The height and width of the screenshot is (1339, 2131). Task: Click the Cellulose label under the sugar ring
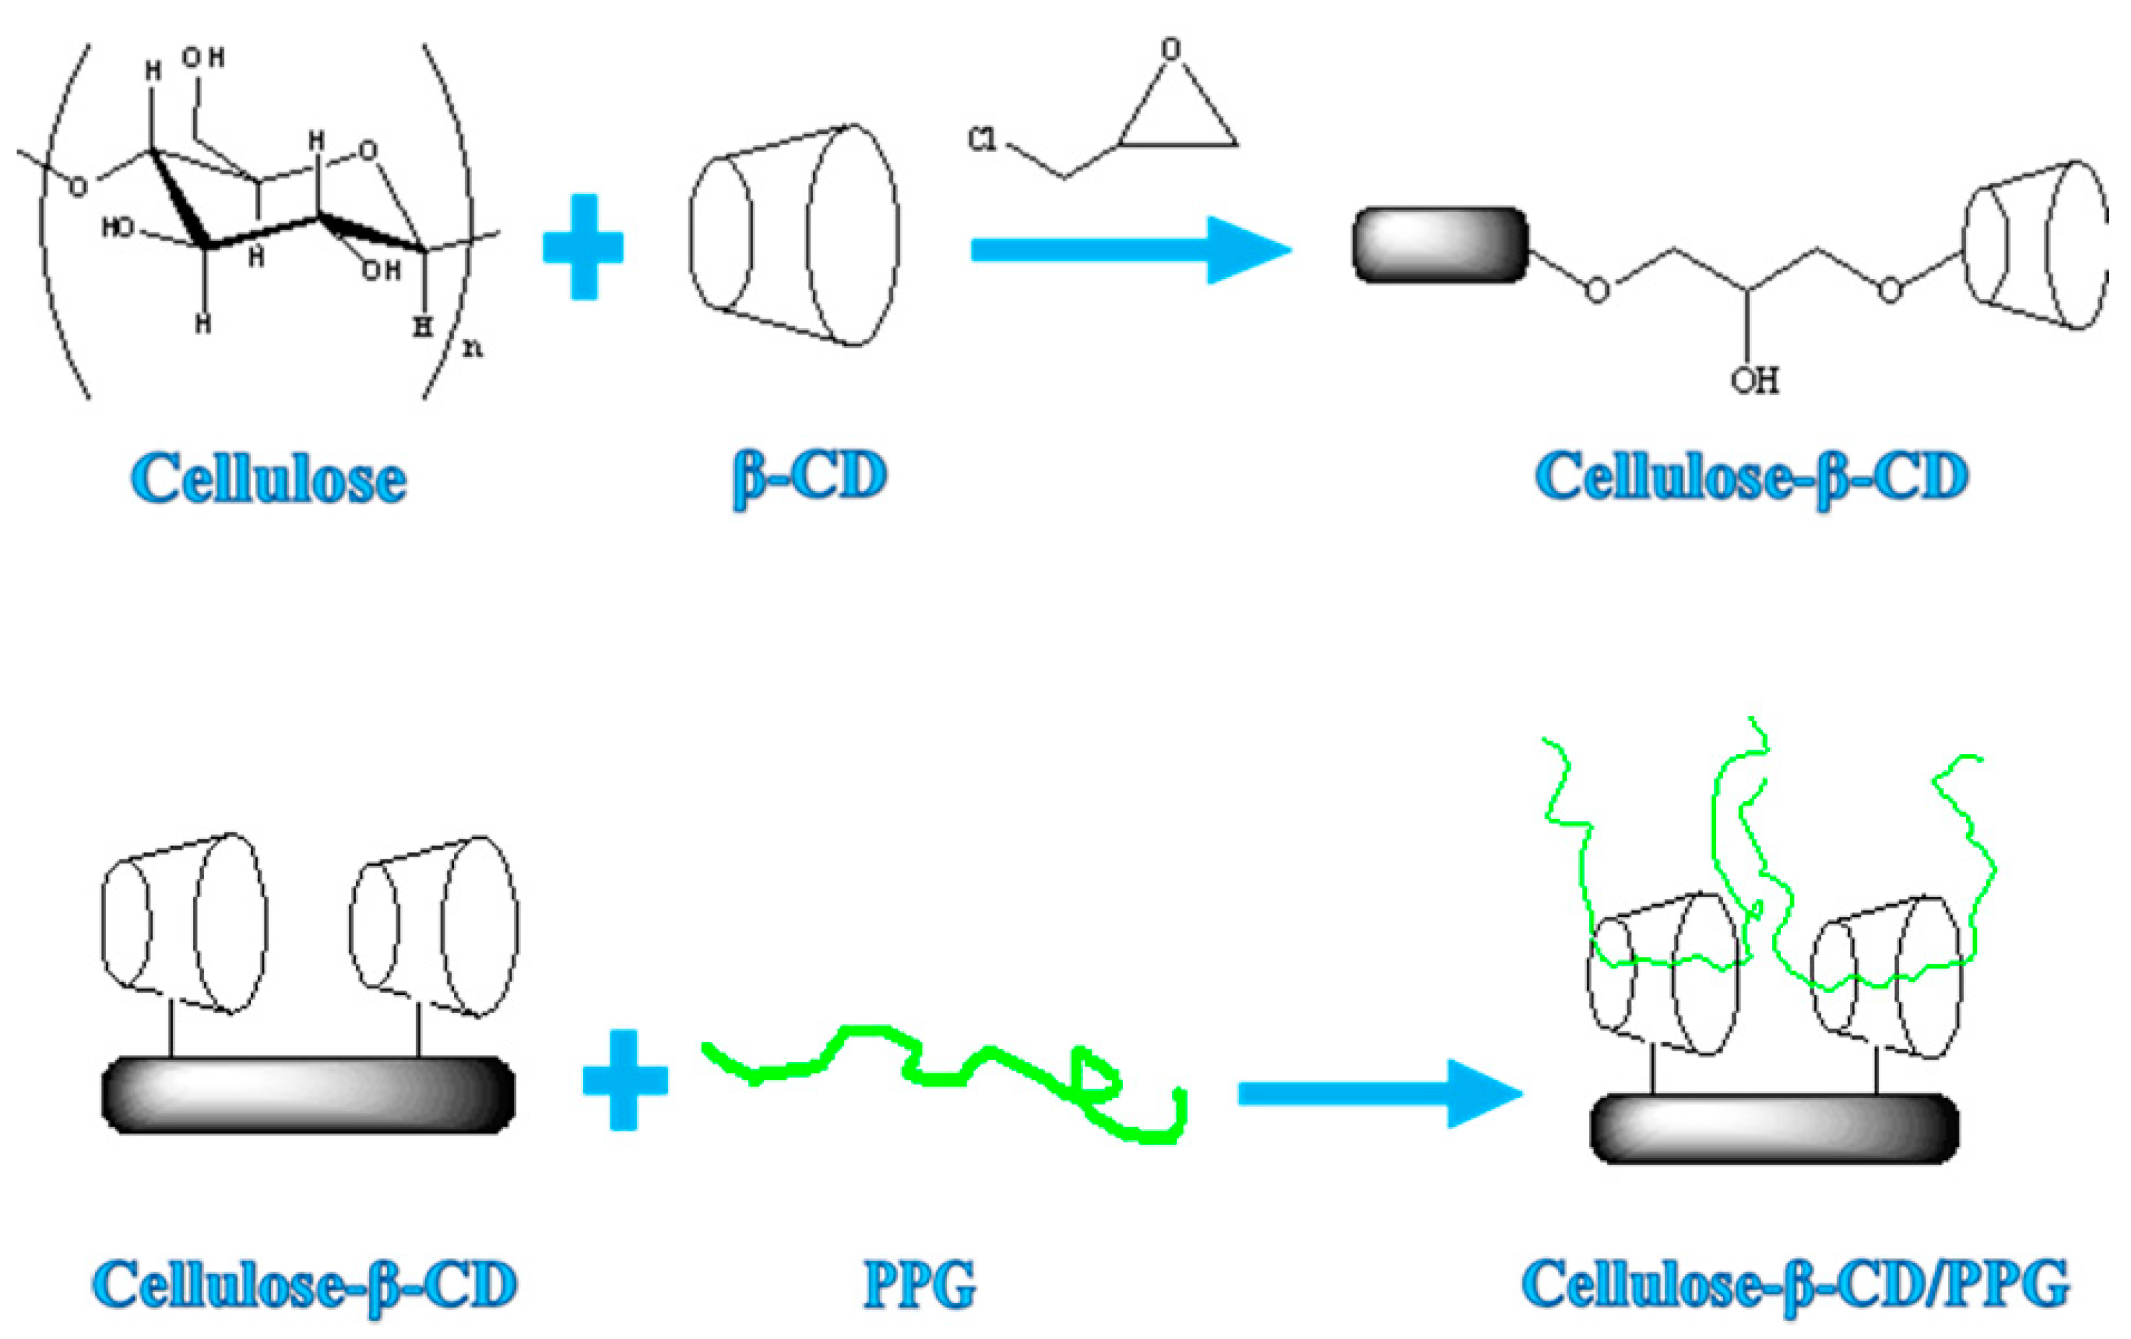click(268, 479)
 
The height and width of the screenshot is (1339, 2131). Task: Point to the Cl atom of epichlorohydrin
click(981, 140)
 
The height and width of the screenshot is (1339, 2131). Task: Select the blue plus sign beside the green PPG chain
click(625, 1080)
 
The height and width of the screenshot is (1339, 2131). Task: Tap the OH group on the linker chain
click(1755, 380)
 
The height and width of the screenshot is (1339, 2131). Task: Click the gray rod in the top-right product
click(1441, 245)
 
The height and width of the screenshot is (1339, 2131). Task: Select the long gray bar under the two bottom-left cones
click(308, 1095)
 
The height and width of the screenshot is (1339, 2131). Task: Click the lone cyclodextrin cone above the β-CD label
click(794, 235)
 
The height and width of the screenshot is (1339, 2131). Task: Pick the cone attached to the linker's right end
click(2034, 245)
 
